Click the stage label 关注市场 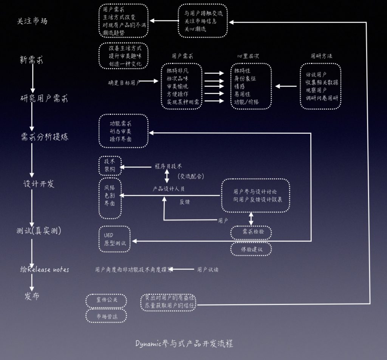pyautogui.click(x=33, y=21)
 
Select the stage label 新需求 pyautogui.click(x=31, y=60)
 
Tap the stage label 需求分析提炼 pyautogui.click(x=45, y=137)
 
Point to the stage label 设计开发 pyautogui.click(x=39, y=184)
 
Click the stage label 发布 pyautogui.click(x=32, y=296)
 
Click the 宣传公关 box pyautogui.click(x=107, y=300)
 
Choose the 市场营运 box pyautogui.click(x=107, y=316)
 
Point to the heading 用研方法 pyautogui.click(x=321, y=56)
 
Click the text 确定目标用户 pyautogui.click(x=124, y=82)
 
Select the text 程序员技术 pyautogui.click(x=168, y=166)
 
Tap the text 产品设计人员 pyautogui.click(x=168, y=189)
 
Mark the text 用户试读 pyautogui.click(x=207, y=269)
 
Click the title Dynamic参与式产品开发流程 pyautogui.click(x=184, y=344)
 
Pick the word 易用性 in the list pyautogui.click(x=242, y=94)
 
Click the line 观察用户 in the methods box pyautogui.click(x=316, y=91)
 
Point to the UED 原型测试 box pyautogui.click(x=114, y=239)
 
